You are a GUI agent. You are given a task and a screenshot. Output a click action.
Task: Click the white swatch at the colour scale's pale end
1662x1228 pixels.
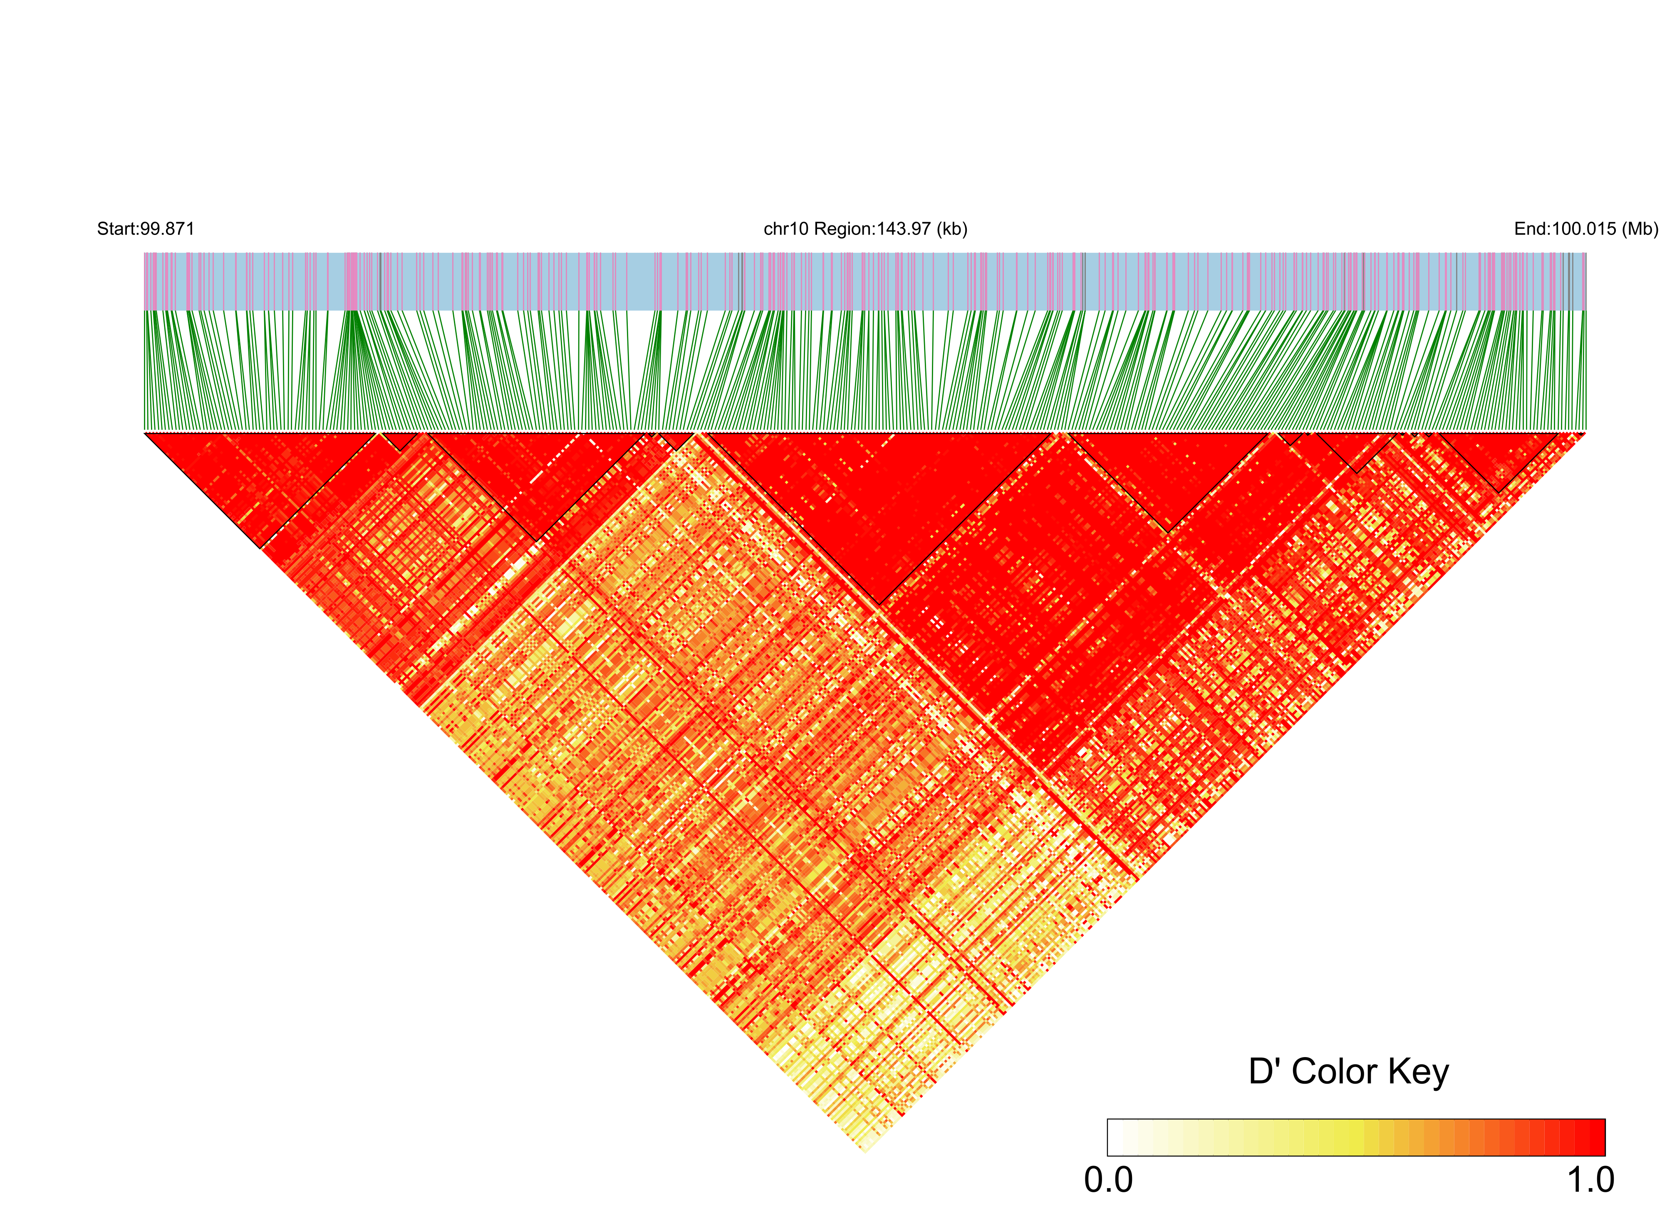[x=1115, y=1137]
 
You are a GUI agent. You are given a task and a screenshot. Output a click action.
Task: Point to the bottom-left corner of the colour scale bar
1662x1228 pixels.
[x=1108, y=1155]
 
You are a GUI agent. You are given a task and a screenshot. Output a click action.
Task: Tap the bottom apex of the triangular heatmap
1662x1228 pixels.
[x=865, y=1153]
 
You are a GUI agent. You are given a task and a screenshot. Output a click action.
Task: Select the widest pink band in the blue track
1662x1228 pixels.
[x=351, y=281]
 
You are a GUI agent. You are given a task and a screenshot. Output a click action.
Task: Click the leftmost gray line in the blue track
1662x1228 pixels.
[x=380, y=281]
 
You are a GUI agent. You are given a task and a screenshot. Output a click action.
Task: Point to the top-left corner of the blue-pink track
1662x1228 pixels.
[x=144, y=253]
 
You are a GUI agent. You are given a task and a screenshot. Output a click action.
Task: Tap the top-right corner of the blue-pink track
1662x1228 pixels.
[x=1586, y=253]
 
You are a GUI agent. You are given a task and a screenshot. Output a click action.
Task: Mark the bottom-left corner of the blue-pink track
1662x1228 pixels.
[x=144, y=310]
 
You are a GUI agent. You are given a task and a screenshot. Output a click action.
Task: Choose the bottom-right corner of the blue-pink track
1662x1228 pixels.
[x=1586, y=310]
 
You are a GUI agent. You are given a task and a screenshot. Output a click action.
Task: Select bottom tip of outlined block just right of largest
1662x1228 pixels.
[x=1169, y=532]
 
